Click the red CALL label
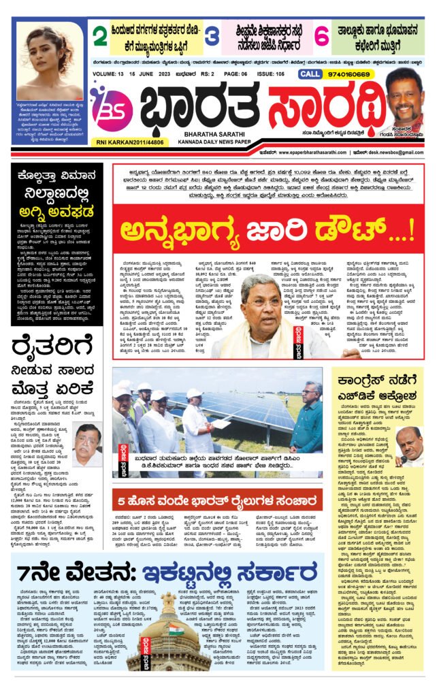pyautogui.click(x=310, y=74)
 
